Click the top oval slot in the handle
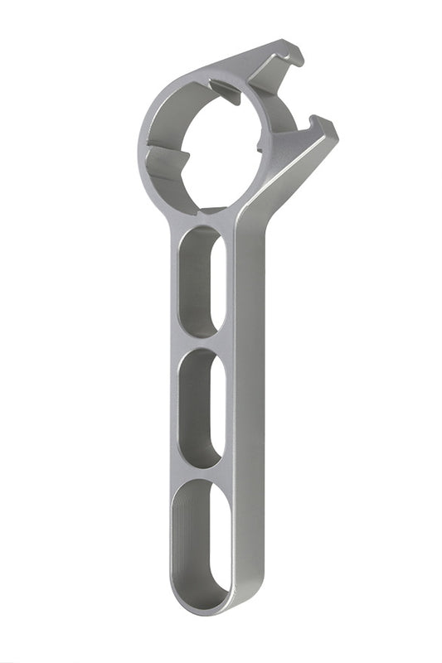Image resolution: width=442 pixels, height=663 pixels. click(202, 280)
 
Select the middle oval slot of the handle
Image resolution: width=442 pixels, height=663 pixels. click(202, 406)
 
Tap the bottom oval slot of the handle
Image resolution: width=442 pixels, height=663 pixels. click(202, 539)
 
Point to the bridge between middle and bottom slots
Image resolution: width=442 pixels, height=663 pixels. click(202, 472)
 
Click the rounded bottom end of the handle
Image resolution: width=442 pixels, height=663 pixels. click(204, 603)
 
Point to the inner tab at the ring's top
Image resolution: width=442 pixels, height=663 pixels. click(224, 90)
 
